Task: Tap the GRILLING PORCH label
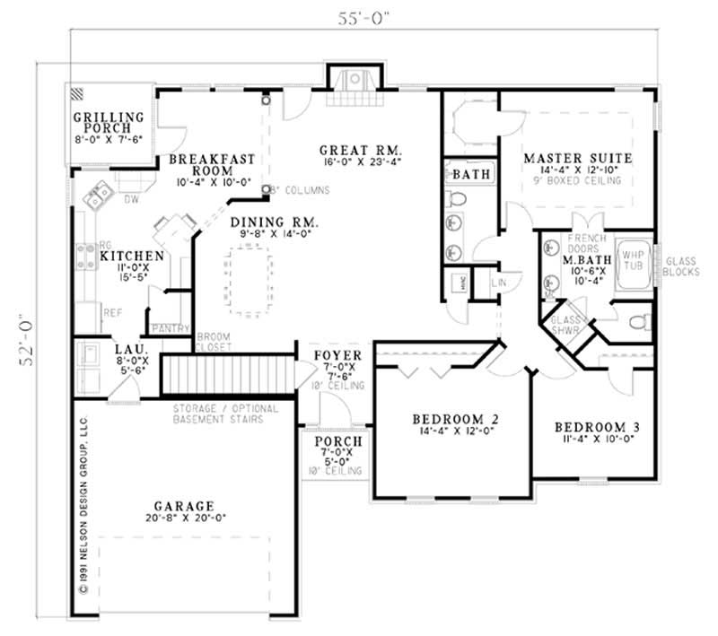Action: (x=109, y=122)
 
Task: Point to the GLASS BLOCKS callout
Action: (x=682, y=266)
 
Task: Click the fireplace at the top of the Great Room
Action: (x=353, y=79)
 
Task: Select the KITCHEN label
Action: (x=131, y=256)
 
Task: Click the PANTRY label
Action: (x=168, y=328)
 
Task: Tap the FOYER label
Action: (x=337, y=355)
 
